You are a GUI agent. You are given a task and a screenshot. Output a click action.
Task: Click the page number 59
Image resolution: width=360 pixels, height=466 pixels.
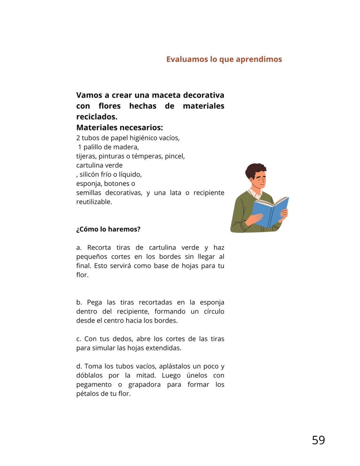tap(318, 440)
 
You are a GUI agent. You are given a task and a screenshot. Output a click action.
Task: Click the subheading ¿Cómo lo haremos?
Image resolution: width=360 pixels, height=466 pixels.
tap(108, 229)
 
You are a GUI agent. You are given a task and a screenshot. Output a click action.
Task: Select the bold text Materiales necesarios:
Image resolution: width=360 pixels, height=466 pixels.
tap(120, 128)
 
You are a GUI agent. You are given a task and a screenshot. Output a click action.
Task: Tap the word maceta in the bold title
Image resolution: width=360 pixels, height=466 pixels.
tap(166, 95)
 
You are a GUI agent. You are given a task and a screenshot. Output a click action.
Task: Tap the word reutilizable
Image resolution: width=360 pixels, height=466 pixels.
tap(94, 202)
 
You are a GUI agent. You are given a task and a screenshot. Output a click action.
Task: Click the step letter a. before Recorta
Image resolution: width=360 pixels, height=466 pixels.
tap(79, 248)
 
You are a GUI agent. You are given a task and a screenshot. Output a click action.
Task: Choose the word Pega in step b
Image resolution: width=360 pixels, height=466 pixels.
tap(94, 302)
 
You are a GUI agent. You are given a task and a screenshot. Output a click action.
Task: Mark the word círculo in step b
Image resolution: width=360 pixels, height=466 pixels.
tap(214, 311)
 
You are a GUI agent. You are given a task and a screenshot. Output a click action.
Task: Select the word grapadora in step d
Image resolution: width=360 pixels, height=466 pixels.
tap(144, 384)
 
